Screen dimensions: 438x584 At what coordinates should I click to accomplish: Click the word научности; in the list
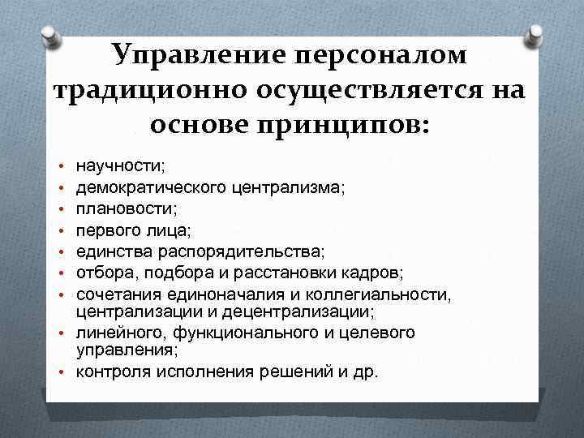120,165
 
